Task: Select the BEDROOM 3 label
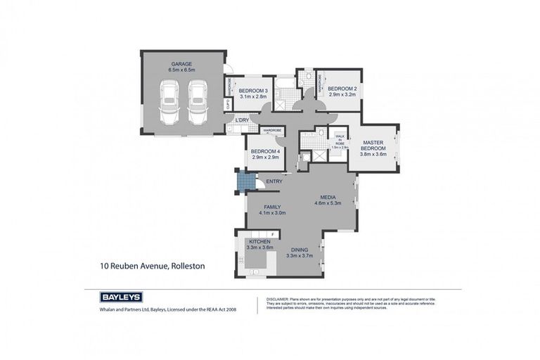[252, 91]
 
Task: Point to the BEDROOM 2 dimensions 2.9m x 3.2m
[342, 94]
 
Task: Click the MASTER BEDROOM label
[373, 145]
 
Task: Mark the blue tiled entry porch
[243, 183]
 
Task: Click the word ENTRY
[274, 182]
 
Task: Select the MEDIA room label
[327, 197]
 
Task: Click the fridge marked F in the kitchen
[272, 233]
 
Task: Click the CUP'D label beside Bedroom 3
[228, 105]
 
